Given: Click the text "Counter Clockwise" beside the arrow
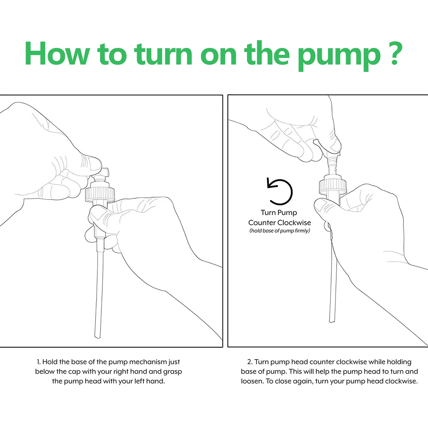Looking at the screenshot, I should (279, 223).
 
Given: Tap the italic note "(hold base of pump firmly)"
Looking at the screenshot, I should (279, 231).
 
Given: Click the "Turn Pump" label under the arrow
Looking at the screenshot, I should (279, 213).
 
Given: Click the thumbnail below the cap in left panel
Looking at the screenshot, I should (97, 214).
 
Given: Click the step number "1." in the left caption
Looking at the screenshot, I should (39, 362).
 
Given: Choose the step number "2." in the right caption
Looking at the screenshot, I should (250, 362).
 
